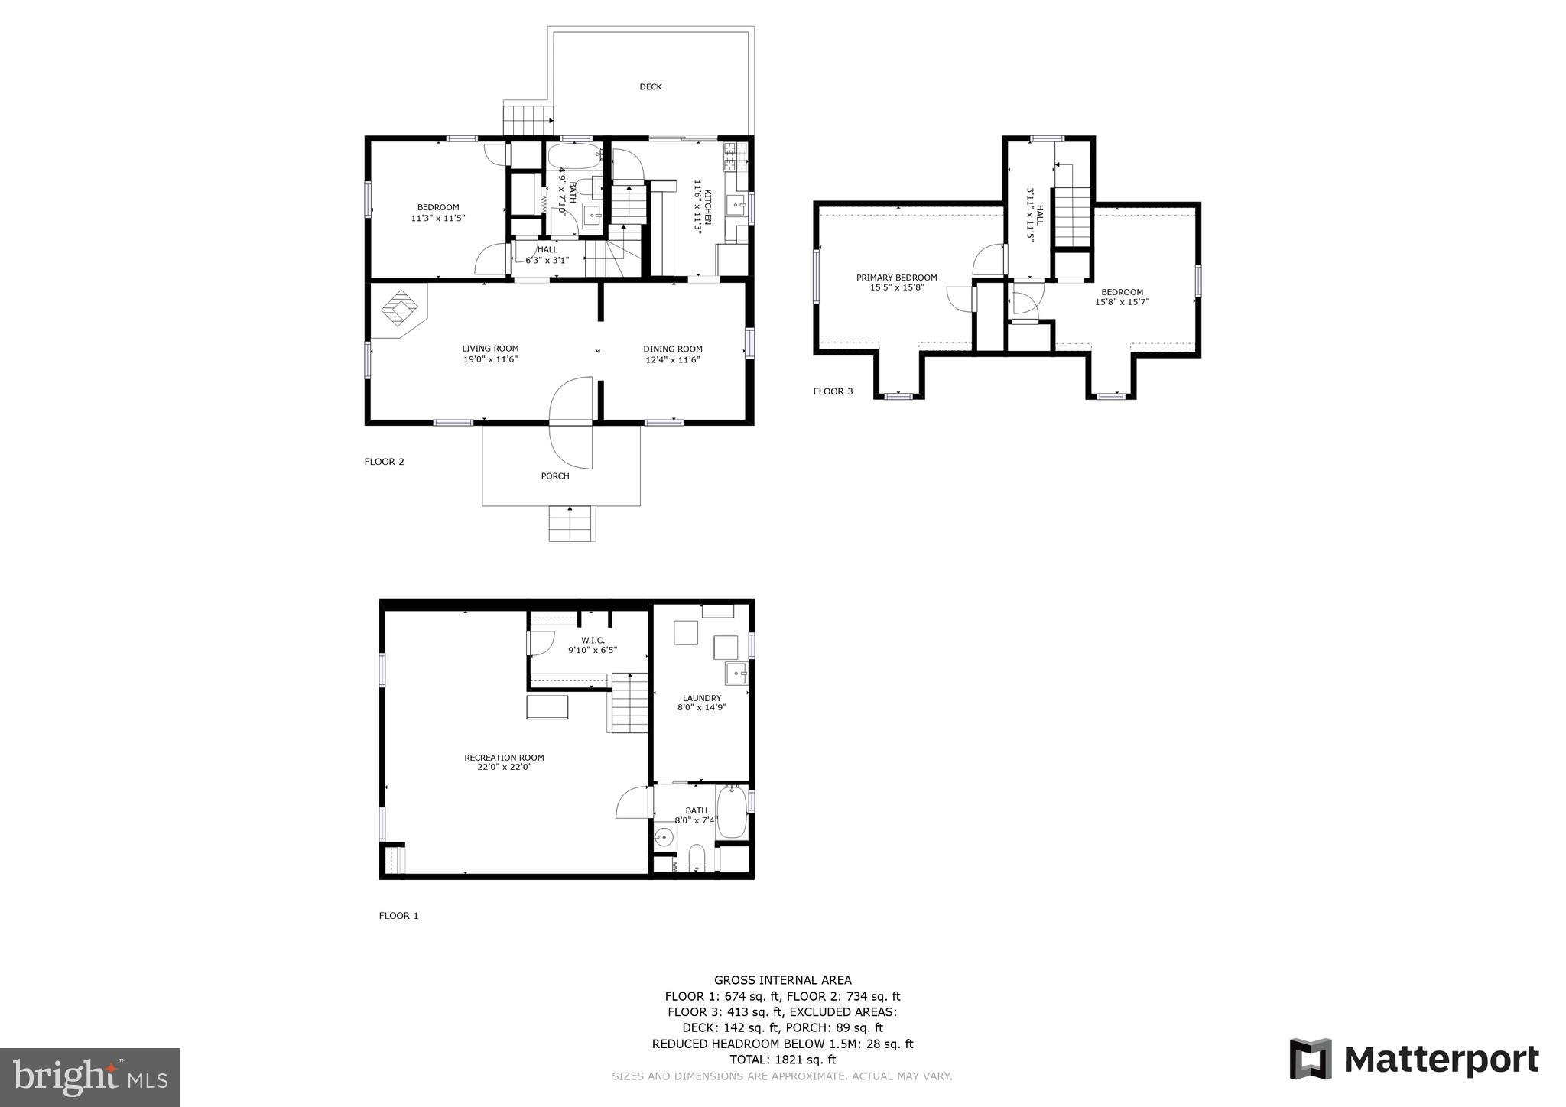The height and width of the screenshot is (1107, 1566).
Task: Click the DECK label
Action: click(651, 87)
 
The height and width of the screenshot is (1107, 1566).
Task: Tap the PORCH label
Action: click(555, 476)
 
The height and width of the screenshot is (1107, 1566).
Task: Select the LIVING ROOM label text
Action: click(490, 349)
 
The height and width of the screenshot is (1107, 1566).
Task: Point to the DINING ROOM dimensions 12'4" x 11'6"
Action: click(673, 359)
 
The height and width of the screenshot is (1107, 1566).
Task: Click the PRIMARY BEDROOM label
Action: click(896, 278)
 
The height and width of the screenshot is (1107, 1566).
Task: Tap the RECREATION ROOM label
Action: click(504, 758)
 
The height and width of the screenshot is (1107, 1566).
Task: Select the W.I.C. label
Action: click(593, 640)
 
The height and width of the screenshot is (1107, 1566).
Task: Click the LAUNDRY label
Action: click(702, 698)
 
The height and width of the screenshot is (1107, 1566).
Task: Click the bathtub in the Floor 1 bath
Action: click(732, 813)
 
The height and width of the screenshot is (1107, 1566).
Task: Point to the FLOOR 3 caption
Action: click(833, 391)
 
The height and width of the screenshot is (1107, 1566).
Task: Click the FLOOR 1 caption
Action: click(398, 916)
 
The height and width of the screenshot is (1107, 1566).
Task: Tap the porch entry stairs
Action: click(571, 524)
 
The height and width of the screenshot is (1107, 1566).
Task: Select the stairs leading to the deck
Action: click(528, 119)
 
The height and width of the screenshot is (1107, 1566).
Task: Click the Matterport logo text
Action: click(1441, 1060)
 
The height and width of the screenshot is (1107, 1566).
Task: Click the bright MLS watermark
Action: click(89, 1077)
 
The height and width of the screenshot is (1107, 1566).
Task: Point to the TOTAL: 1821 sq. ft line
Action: click(782, 1060)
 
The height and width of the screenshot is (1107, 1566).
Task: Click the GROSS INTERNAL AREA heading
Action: click(782, 980)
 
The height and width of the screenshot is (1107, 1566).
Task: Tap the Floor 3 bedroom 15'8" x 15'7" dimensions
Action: click(1122, 302)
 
